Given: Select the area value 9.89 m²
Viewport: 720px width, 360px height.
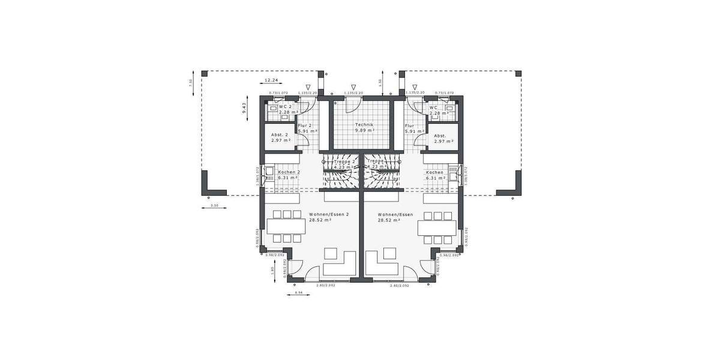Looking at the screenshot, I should tap(364, 130).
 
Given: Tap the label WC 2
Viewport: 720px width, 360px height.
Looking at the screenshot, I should tap(286, 107).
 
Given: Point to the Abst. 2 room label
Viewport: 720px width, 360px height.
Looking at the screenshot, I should tap(280, 135).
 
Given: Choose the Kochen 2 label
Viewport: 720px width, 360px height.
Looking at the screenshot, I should tap(289, 172).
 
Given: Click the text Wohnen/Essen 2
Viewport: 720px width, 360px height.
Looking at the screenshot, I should tap(329, 214).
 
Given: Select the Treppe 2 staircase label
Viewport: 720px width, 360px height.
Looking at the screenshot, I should tap(345, 161).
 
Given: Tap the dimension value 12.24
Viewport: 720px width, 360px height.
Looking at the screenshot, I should tap(272, 80).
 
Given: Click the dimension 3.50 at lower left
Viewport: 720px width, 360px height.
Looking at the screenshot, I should tap(214, 206).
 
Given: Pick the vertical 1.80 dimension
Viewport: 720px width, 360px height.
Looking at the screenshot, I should tap(272, 270).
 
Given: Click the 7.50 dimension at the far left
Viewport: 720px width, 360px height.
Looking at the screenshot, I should tap(191, 82).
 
